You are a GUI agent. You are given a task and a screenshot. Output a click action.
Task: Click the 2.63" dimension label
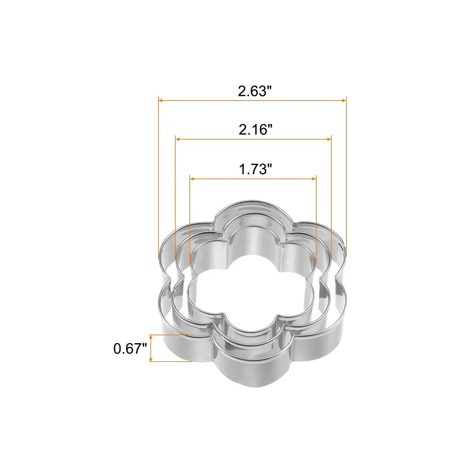(x=255, y=91)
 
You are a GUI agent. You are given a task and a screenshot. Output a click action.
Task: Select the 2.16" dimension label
(x=255, y=130)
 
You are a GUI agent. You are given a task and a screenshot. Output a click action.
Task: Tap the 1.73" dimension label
(x=255, y=169)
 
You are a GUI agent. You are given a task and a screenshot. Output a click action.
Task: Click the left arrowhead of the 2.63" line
(x=161, y=100)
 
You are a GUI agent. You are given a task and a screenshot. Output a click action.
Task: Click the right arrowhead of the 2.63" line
(x=344, y=100)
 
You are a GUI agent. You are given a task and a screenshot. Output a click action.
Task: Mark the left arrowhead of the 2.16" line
(x=178, y=139)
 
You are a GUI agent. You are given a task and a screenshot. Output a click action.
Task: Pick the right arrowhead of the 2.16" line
(x=329, y=139)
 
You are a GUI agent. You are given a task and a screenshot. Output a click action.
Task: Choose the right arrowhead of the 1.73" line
(x=314, y=179)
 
